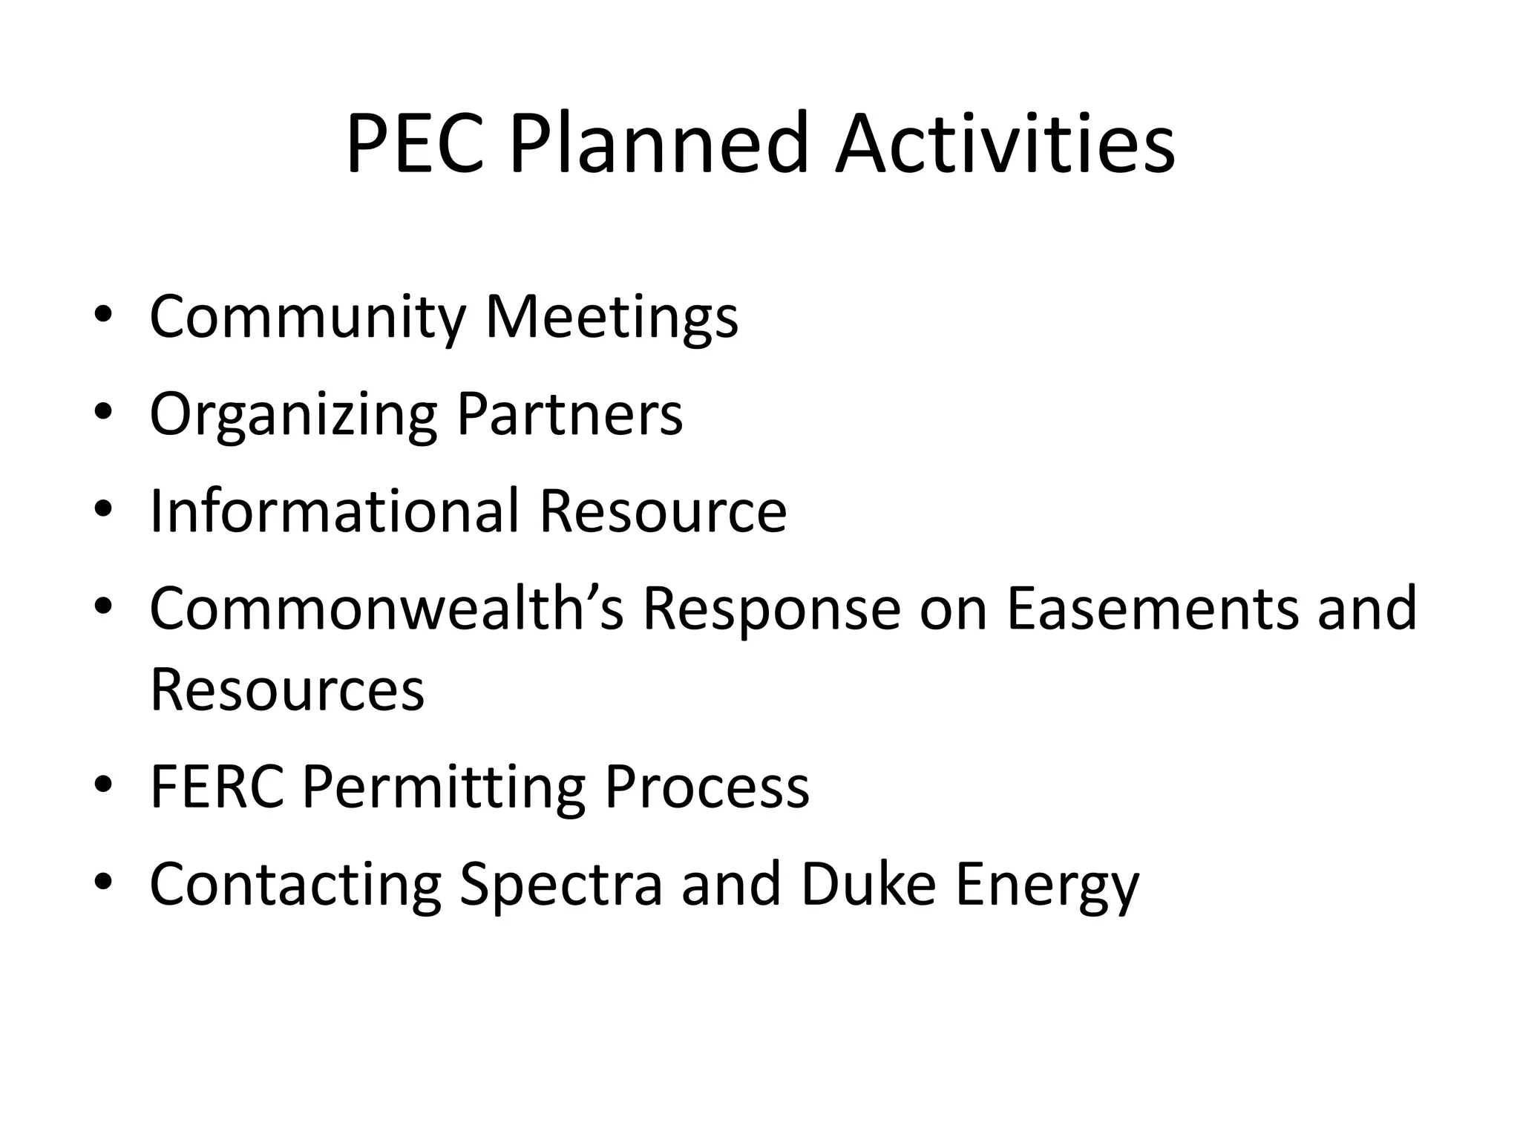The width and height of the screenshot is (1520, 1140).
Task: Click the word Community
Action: [307, 317]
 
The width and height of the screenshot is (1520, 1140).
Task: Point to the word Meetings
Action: [612, 317]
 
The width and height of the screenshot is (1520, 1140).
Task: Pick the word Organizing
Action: [294, 414]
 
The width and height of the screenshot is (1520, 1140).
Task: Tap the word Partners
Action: [569, 414]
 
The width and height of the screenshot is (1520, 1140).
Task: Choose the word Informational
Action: [335, 511]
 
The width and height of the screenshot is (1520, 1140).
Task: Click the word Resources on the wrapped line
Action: [287, 689]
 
